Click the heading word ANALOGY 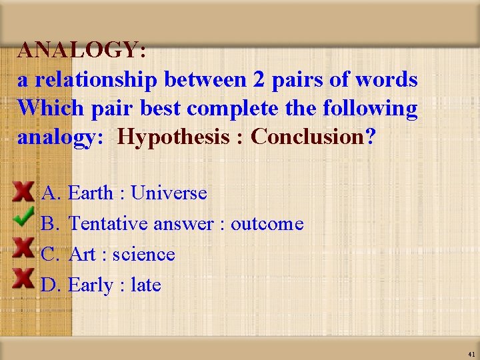(x=79, y=50)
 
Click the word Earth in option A (x=91, y=193)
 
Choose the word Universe (x=169, y=193)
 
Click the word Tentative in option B (x=109, y=224)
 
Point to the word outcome (x=267, y=224)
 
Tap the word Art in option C (x=82, y=255)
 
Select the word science (x=143, y=255)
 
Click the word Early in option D (x=90, y=285)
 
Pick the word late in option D (x=146, y=285)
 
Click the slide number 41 (x=471, y=354)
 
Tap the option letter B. (x=51, y=224)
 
